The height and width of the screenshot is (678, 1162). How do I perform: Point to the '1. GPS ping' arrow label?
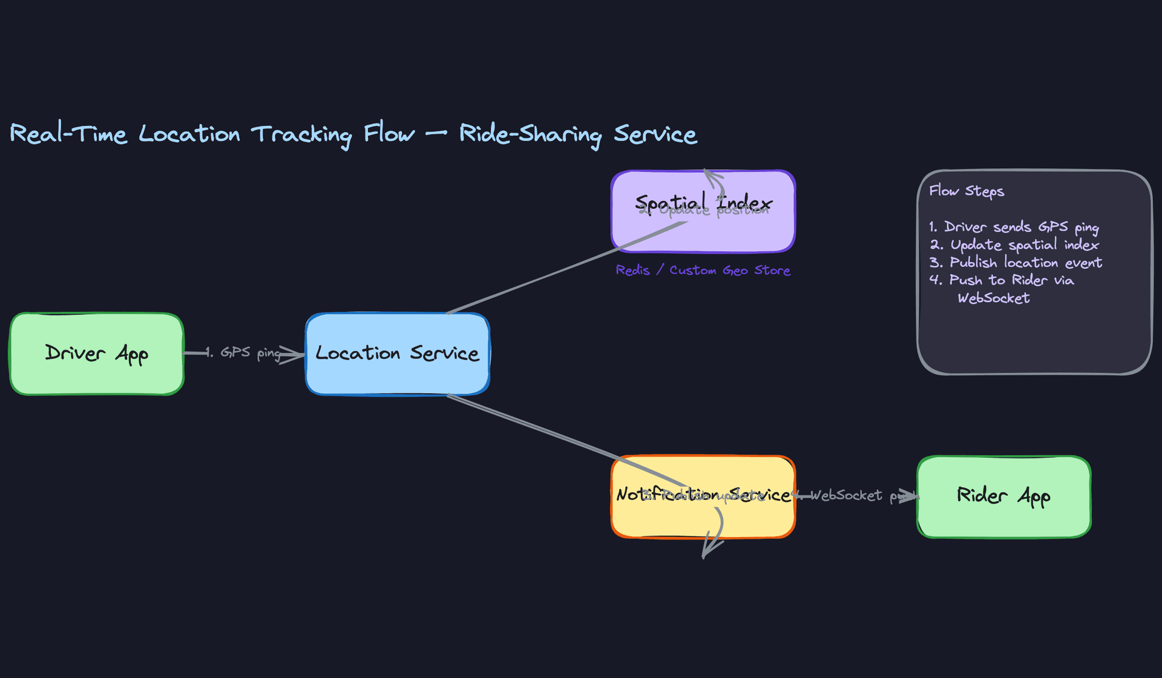(x=242, y=352)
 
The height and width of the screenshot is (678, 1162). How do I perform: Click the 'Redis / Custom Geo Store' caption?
(x=703, y=270)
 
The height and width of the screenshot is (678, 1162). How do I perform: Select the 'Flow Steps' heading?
(x=966, y=191)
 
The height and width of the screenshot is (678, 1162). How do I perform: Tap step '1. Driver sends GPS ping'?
(x=1014, y=227)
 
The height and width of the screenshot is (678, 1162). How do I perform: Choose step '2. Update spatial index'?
(x=1014, y=245)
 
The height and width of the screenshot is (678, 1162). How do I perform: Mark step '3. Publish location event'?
(x=1016, y=262)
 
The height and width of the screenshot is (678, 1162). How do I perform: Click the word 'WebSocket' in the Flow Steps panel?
(x=993, y=298)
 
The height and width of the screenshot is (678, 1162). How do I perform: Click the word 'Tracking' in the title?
(x=301, y=134)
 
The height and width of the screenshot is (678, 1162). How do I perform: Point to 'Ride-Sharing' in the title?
(x=530, y=134)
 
